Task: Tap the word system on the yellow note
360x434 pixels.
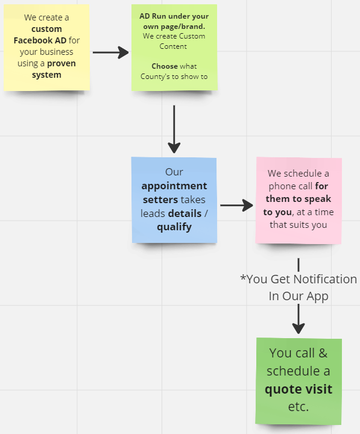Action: click(x=46, y=75)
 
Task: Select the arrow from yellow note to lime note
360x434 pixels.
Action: click(x=111, y=52)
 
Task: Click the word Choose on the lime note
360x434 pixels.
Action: click(x=165, y=66)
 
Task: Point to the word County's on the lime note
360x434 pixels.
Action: click(x=155, y=77)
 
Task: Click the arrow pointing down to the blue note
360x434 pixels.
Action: click(x=174, y=129)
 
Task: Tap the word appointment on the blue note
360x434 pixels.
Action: click(x=174, y=186)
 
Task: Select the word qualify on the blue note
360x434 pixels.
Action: click(x=174, y=227)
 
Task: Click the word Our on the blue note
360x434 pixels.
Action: click(x=174, y=172)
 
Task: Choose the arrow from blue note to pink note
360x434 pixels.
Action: click(x=236, y=206)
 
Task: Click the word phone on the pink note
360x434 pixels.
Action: click(x=282, y=186)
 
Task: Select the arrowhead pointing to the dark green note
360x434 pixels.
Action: click(x=298, y=328)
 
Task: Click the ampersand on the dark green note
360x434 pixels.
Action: click(x=323, y=353)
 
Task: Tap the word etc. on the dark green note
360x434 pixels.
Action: click(x=298, y=407)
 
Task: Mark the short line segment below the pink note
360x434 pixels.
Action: click(x=298, y=265)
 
